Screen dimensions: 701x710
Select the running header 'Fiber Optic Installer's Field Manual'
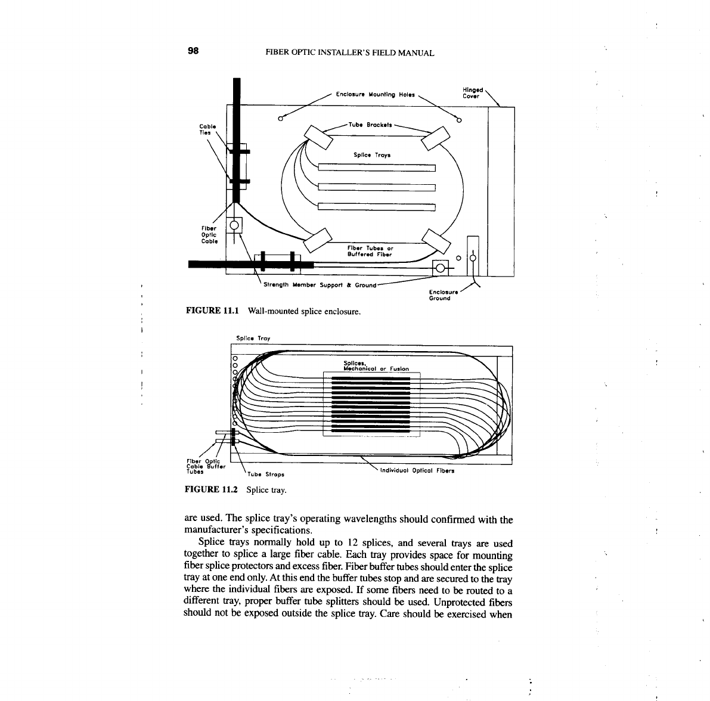pyautogui.click(x=349, y=53)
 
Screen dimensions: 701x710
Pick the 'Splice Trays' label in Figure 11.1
pyautogui.click(x=372, y=155)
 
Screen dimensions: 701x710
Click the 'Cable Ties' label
pyautogui.click(x=206, y=129)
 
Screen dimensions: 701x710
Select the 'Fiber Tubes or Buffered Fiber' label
pyautogui.click(x=370, y=251)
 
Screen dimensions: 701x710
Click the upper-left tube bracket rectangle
pyautogui.click(x=320, y=138)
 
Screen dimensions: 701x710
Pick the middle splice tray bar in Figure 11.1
pyautogui.click(x=377, y=187)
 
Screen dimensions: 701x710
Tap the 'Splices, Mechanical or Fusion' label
pyautogui.click(x=376, y=366)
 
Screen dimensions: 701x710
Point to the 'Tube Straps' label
pyautogui.click(x=265, y=475)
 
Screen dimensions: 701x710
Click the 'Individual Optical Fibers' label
pyautogui.click(x=417, y=470)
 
